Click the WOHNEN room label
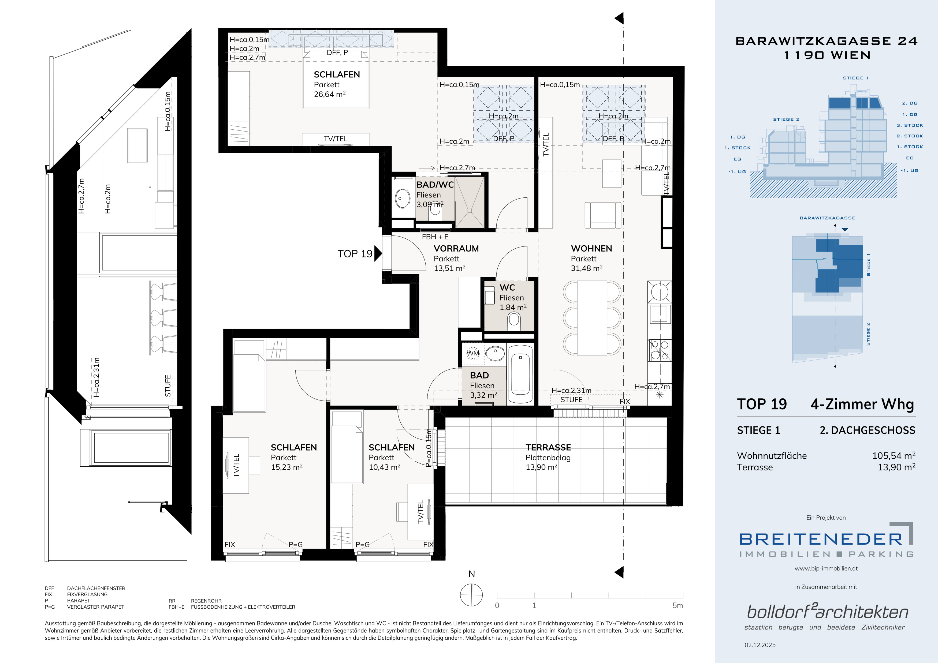click(x=591, y=248)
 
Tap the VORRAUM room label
click(x=456, y=248)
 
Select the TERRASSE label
click(x=548, y=447)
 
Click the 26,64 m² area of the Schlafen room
click(x=330, y=94)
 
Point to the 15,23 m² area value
click(x=287, y=467)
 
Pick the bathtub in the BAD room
click(x=520, y=373)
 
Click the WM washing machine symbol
click(x=473, y=353)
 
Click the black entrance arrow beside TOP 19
click(x=378, y=253)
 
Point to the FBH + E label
click(x=435, y=237)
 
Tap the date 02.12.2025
click(x=760, y=645)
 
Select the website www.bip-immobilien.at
click(x=826, y=568)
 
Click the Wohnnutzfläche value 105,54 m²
click(x=894, y=456)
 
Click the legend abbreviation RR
click(x=172, y=601)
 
